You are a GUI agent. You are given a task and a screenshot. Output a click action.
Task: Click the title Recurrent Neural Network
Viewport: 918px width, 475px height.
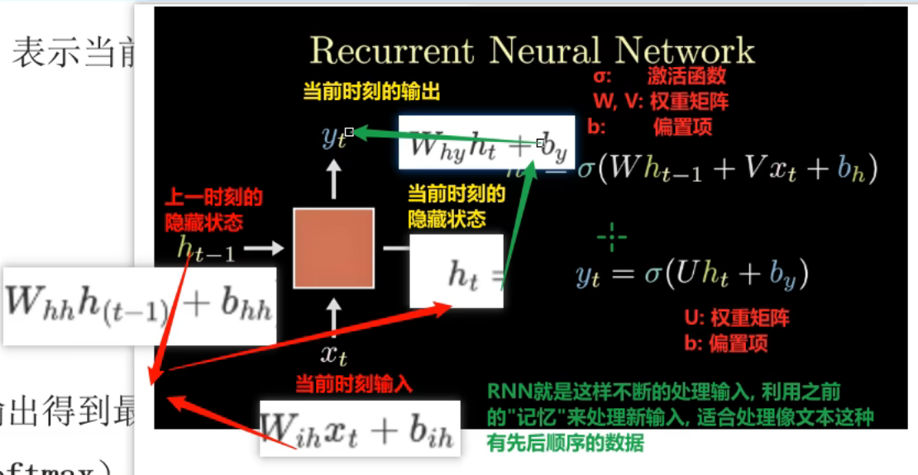(x=532, y=50)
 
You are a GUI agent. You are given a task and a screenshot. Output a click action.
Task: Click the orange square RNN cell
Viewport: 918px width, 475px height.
(x=333, y=248)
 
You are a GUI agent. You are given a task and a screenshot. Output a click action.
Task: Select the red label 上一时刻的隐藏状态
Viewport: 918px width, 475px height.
(x=213, y=210)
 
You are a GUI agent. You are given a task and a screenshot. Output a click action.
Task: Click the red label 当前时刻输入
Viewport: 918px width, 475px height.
(x=354, y=383)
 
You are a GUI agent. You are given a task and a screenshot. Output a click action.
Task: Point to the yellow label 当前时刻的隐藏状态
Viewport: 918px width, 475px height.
(x=456, y=207)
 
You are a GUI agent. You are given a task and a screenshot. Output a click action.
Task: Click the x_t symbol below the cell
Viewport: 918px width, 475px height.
(x=333, y=355)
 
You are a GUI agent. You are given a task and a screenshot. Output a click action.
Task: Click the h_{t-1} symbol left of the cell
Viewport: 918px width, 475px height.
(x=206, y=248)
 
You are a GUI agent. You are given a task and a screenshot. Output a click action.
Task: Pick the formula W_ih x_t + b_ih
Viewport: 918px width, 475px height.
(x=359, y=428)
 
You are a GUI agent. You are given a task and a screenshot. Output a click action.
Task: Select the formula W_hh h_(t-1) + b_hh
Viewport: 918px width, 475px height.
(x=139, y=306)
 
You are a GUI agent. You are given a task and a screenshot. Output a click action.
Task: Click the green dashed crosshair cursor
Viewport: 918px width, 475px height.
(x=612, y=238)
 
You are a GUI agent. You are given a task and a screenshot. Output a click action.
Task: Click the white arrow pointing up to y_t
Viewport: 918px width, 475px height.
(x=333, y=178)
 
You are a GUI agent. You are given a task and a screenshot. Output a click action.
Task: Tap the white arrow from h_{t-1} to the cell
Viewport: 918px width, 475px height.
(x=265, y=247)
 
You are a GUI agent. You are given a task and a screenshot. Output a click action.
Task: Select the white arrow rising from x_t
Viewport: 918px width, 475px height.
(x=333, y=316)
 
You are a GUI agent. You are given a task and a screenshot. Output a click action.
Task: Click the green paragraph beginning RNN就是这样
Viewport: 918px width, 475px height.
(x=680, y=417)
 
